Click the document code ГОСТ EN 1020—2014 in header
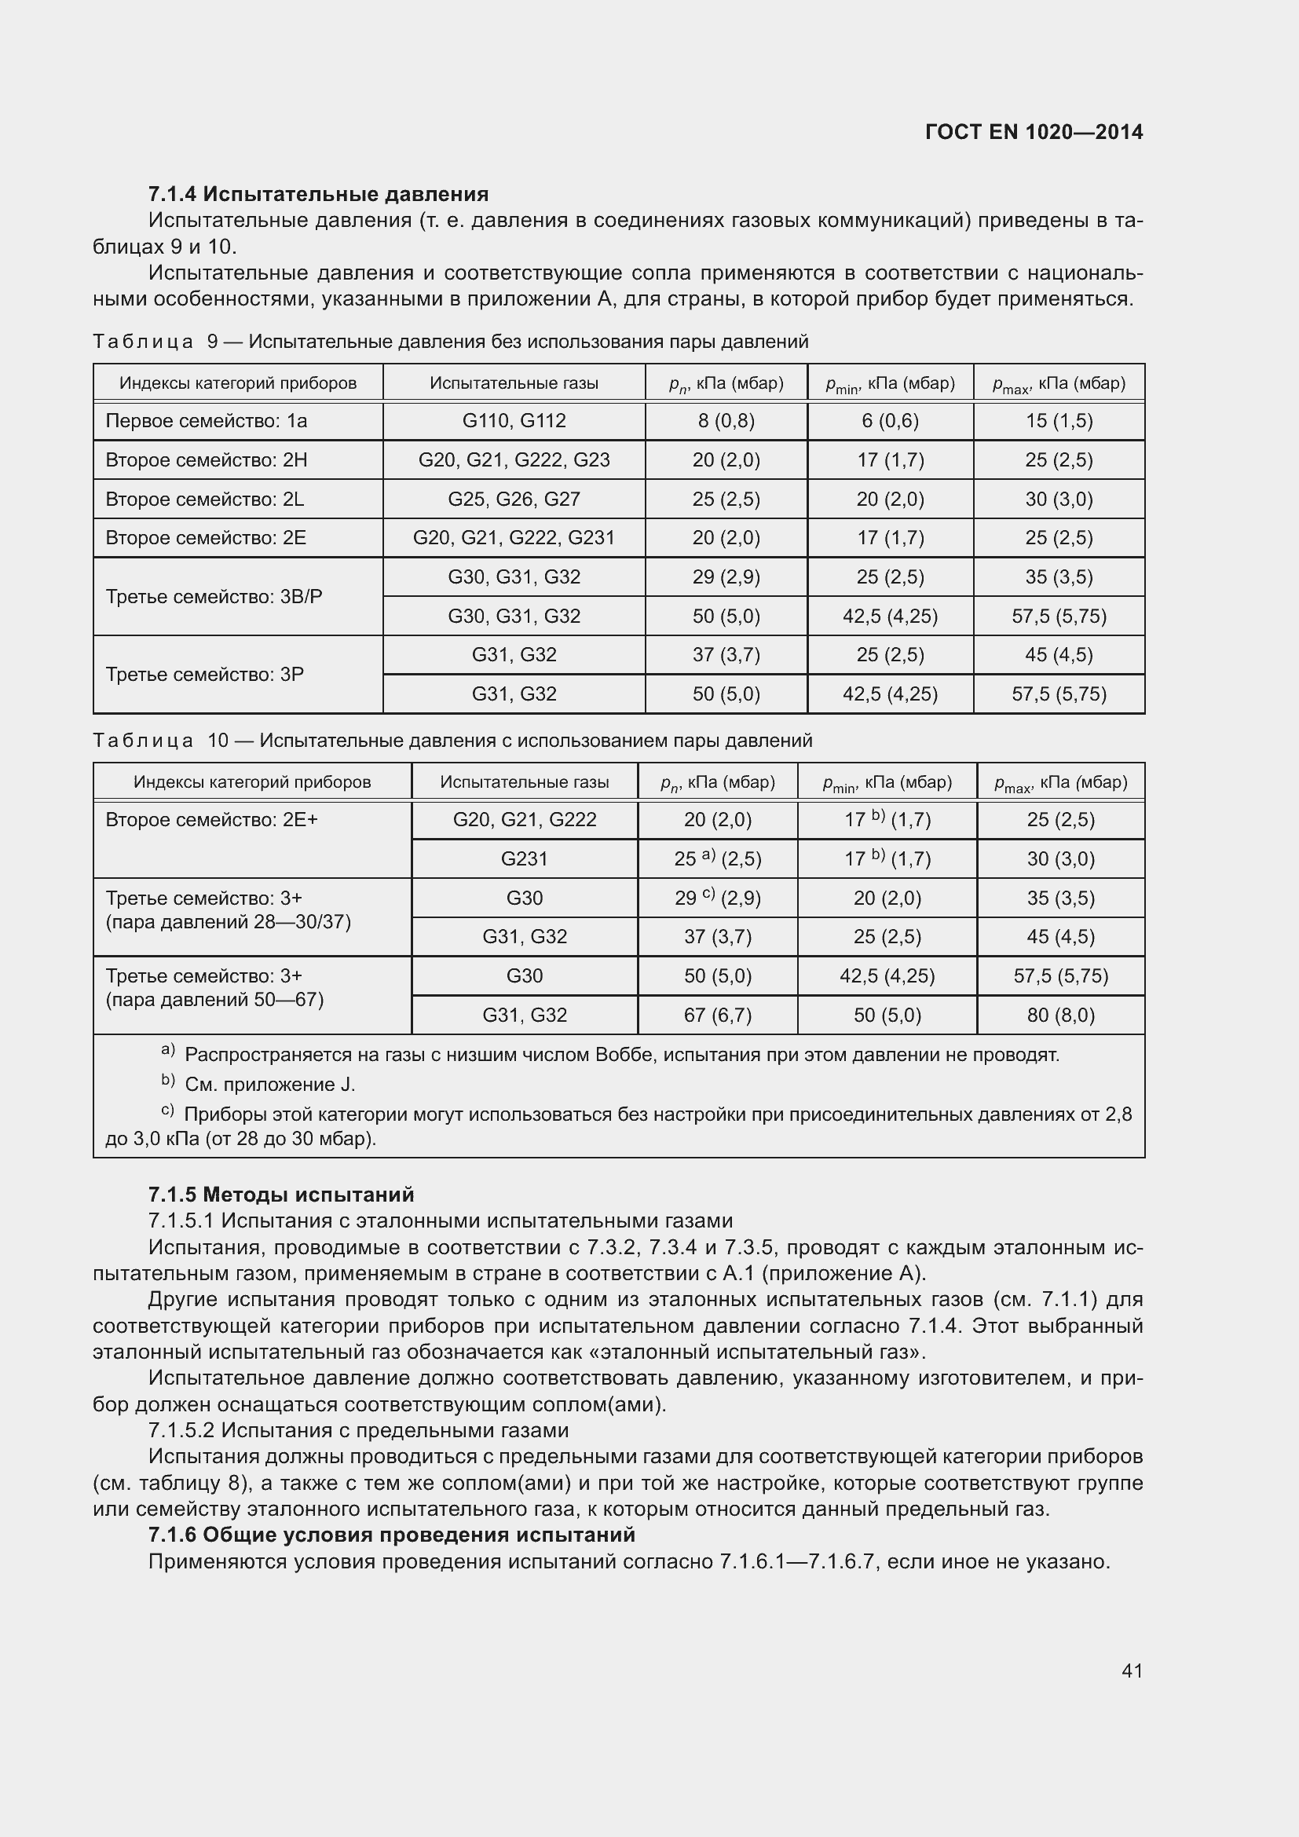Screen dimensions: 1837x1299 point(1034,132)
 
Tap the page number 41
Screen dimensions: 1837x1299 point(1132,1670)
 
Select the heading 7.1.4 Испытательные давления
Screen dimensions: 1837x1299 point(318,194)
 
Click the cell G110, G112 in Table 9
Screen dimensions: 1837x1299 point(514,421)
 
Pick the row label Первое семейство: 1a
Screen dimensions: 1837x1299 point(207,421)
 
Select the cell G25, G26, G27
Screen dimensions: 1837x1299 point(514,500)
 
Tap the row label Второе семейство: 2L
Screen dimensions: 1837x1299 point(205,500)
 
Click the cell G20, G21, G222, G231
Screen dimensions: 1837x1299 point(514,538)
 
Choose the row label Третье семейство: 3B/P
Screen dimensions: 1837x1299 point(214,597)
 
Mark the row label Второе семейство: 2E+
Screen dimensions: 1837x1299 point(212,819)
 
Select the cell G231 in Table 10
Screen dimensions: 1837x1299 point(524,858)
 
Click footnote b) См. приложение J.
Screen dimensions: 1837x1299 point(260,1084)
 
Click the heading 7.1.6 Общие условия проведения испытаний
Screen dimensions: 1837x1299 point(392,1535)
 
